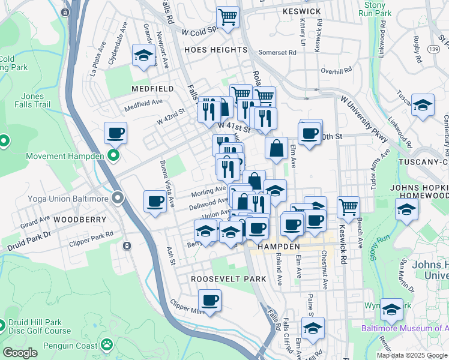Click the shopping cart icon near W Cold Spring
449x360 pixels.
(228, 18)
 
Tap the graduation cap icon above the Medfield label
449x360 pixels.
(143, 56)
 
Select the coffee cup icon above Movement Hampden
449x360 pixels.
(116, 133)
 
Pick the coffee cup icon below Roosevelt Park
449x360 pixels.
(209, 301)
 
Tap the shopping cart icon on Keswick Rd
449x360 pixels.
(348, 207)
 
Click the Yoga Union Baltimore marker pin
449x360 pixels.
(117, 198)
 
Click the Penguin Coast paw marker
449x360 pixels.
(106, 345)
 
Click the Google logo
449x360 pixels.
(20, 353)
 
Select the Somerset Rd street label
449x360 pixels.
(277, 52)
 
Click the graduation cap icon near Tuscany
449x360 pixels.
(423, 106)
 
